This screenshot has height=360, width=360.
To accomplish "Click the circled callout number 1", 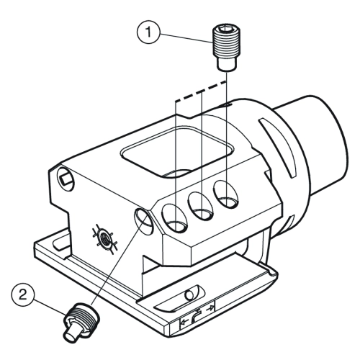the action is point(148,32).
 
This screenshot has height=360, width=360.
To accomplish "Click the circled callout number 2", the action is point(23,294).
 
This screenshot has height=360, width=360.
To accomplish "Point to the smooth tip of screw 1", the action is point(226,64).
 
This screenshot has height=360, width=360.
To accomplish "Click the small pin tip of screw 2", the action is point(71,333).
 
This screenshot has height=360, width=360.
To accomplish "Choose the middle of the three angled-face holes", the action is point(201,206).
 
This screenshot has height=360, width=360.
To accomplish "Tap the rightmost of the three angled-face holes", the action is point(227,194).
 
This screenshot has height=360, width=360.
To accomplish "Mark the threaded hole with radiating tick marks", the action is point(104,239).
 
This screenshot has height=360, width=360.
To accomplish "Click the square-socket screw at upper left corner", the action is point(66,179).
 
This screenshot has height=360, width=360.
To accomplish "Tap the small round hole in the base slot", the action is point(190,294).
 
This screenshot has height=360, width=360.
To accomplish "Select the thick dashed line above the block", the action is point(201,91).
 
